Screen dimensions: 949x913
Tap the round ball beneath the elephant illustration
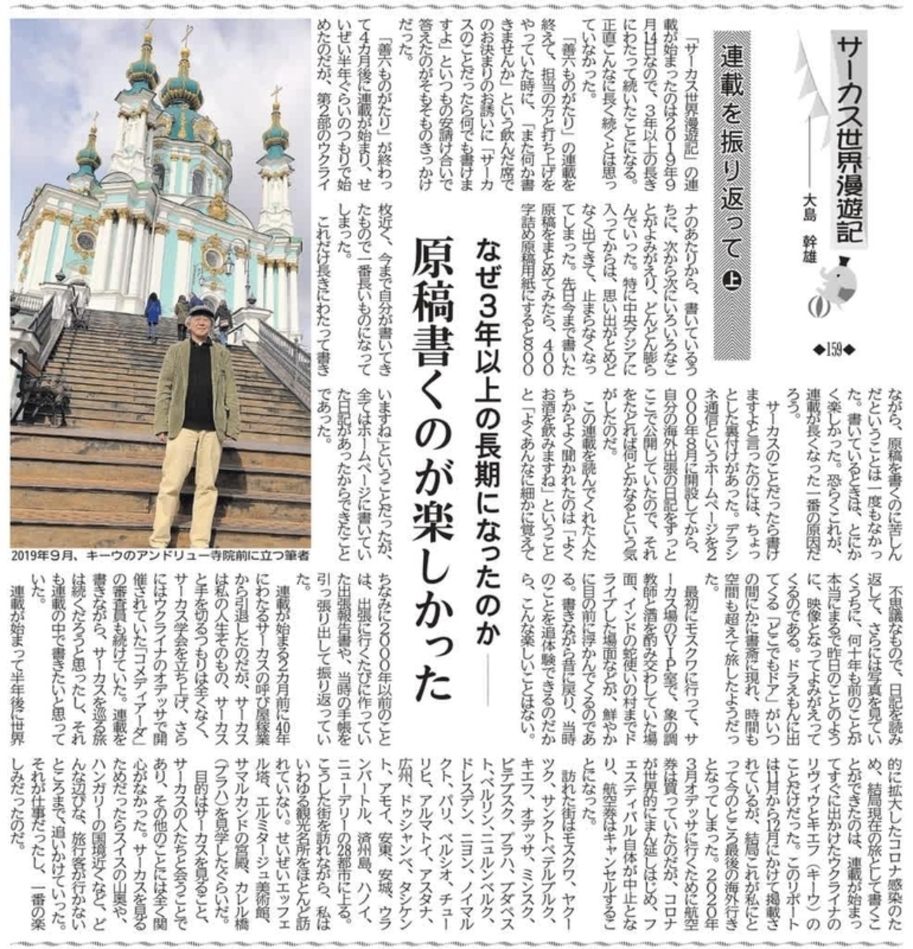pyautogui.click(x=822, y=307)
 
